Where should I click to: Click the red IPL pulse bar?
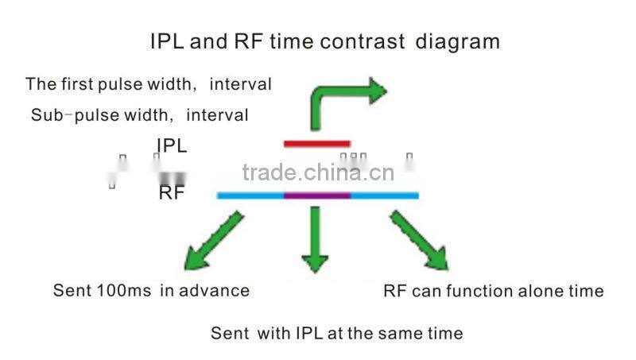pos(316,144)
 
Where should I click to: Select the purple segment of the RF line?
pos(316,195)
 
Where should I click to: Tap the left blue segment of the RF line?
pos(250,195)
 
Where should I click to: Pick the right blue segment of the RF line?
pos(384,195)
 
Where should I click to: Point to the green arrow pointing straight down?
pos(316,238)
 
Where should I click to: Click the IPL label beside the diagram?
pos(172,145)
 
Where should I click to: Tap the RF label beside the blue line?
pos(171,192)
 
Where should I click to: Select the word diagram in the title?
pos(458,41)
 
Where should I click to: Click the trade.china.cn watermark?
pos(318,172)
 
